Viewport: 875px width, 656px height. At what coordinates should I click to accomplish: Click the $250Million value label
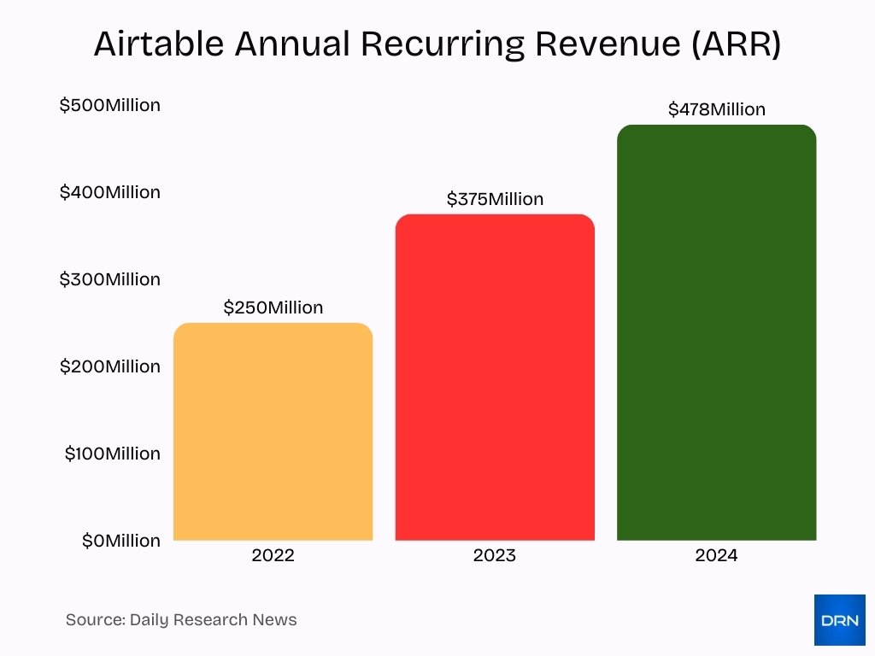tap(273, 307)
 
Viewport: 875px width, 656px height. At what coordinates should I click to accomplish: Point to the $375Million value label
tap(495, 199)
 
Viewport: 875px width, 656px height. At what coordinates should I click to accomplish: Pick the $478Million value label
tap(716, 109)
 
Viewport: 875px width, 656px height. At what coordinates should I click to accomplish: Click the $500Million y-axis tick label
tap(109, 105)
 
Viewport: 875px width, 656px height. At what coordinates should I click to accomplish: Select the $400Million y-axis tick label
tap(109, 192)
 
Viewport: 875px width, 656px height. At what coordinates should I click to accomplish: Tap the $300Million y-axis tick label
tap(109, 279)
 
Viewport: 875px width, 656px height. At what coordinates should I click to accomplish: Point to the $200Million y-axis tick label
tap(109, 366)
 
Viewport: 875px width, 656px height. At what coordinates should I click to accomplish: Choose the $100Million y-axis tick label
tap(112, 454)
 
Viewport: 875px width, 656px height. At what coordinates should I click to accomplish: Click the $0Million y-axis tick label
tap(120, 541)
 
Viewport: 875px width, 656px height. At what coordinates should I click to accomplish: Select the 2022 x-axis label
tap(273, 556)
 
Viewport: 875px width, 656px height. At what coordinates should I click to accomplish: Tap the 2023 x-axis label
tap(495, 556)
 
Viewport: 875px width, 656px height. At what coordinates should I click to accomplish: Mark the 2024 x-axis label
tap(716, 556)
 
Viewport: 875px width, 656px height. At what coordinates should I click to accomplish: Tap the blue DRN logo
tap(839, 620)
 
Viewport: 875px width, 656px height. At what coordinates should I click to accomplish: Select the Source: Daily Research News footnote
tap(181, 620)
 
